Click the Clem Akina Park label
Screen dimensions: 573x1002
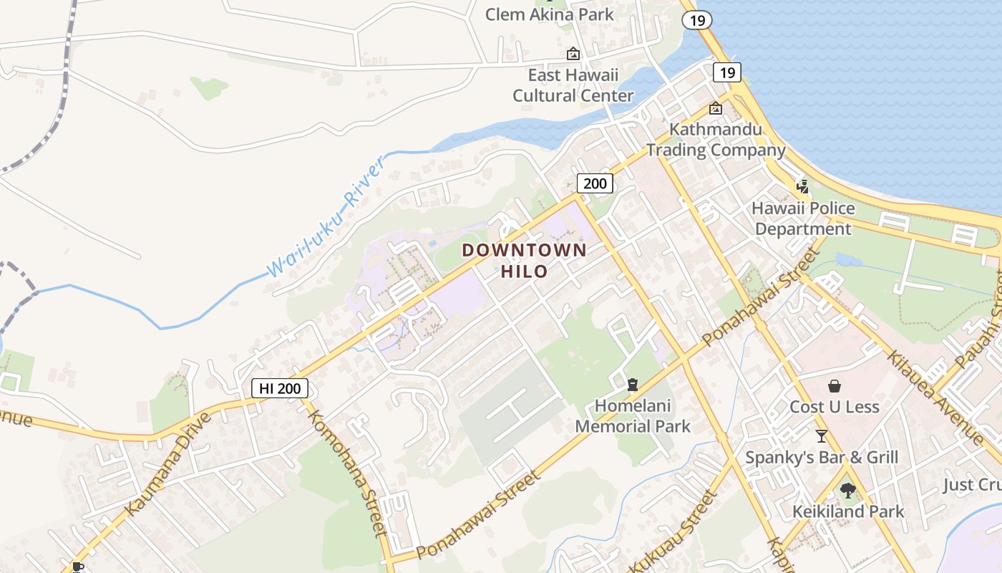(x=549, y=14)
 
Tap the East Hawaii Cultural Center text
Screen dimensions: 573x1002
(x=573, y=85)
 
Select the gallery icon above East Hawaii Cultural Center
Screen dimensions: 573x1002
(x=573, y=54)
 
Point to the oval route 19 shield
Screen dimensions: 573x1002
(x=696, y=20)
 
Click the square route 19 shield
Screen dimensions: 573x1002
(x=727, y=72)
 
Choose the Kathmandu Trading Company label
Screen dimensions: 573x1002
(x=716, y=140)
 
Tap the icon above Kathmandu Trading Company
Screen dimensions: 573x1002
(x=715, y=109)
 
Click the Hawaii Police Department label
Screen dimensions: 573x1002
(x=803, y=218)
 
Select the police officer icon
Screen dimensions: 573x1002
(x=803, y=188)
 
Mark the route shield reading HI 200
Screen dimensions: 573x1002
(x=281, y=388)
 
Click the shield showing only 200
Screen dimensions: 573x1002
(x=595, y=183)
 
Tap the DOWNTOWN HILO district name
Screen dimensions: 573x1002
(x=524, y=261)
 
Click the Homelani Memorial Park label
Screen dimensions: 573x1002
(x=633, y=416)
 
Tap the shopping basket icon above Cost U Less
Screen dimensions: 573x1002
(x=834, y=387)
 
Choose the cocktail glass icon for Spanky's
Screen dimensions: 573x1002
(x=822, y=436)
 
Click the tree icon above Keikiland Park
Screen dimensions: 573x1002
(x=848, y=491)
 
